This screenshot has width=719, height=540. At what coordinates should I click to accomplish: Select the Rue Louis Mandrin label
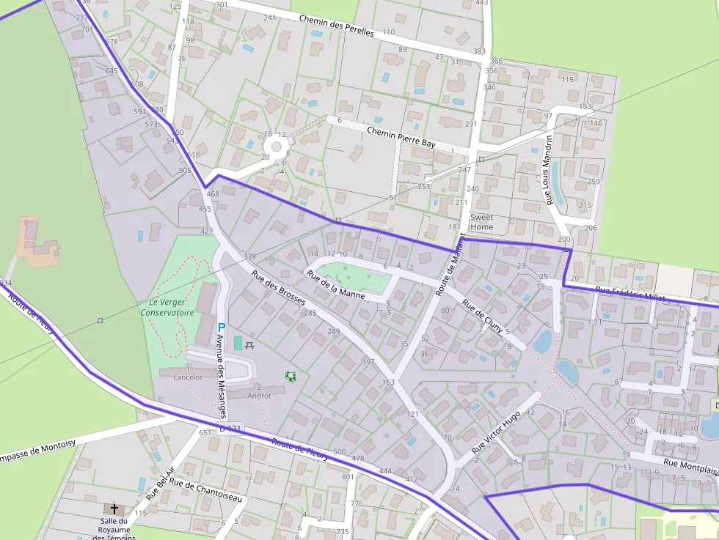point(547,169)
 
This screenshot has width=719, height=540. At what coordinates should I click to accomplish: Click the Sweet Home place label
point(482,222)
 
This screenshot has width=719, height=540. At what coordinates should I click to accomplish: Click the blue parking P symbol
point(221,326)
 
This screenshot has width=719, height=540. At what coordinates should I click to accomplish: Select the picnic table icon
point(249,344)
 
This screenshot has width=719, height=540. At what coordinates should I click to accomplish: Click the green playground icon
point(291,376)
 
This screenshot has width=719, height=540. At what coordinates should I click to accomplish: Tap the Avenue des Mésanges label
point(222,366)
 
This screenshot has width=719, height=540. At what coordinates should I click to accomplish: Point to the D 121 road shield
point(230,428)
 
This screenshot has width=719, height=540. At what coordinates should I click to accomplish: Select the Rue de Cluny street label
point(482,316)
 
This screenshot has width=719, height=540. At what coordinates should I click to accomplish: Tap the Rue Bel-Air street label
point(160,483)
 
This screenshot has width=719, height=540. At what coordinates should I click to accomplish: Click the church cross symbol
point(114,507)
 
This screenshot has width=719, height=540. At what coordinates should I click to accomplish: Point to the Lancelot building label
point(188,378)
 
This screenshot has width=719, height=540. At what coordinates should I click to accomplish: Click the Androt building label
point(260,396)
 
